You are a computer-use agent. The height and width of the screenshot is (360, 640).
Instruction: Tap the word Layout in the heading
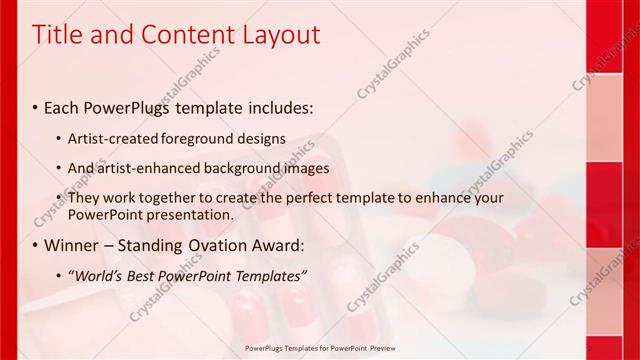click(283, 35)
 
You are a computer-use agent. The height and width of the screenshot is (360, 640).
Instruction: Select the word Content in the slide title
click(181, 35)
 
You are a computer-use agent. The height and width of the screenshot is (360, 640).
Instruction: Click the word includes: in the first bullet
click(276, 106)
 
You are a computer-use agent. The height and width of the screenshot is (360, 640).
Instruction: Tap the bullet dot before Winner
click(36, 246)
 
